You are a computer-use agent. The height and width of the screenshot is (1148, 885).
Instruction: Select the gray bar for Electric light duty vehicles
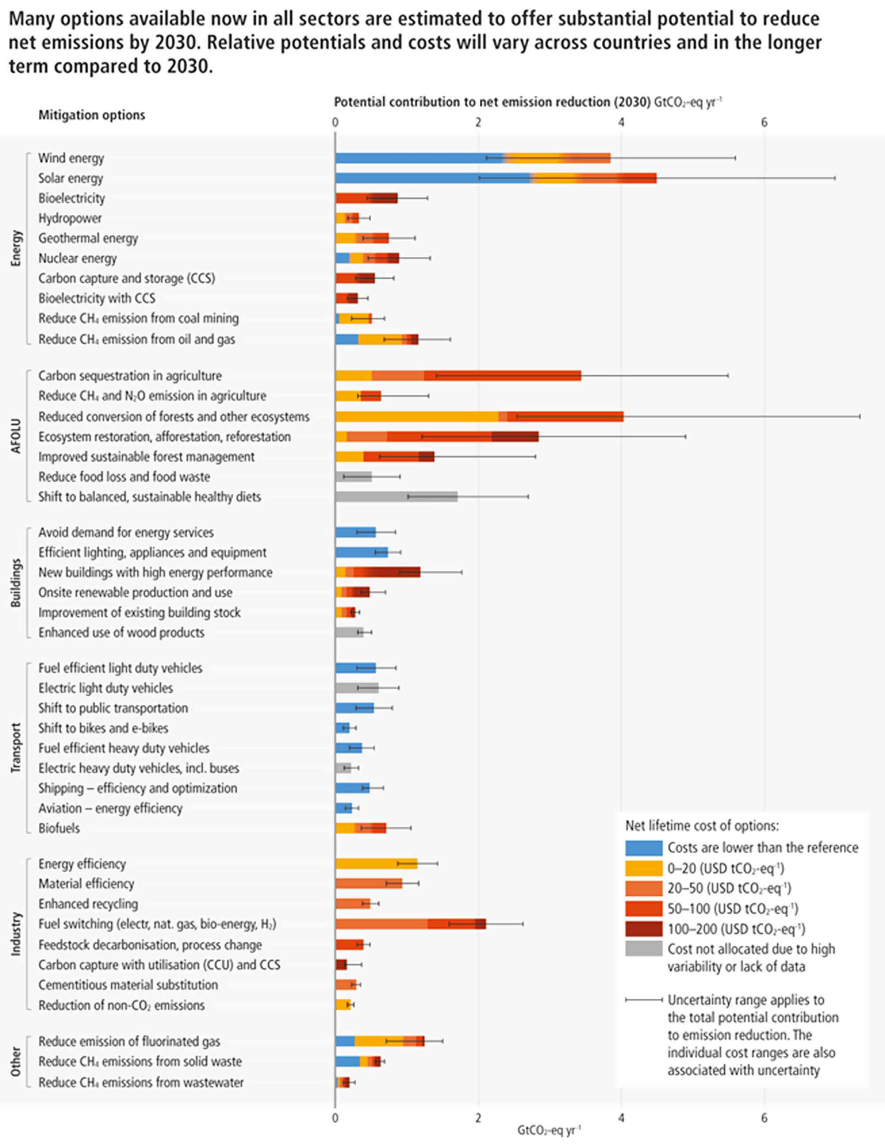click(356, 688)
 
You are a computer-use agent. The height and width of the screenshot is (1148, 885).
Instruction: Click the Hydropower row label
click(70, 218)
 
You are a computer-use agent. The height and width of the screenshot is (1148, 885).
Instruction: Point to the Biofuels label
click(59, 828)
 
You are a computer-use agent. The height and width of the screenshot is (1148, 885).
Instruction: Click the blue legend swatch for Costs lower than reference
click(643, 848)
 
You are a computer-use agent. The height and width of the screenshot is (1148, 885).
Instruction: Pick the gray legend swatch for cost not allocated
click(643, 949)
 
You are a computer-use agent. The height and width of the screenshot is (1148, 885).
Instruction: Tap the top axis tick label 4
click(621, 123)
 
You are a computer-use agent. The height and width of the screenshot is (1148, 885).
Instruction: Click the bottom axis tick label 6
click(764, 1117)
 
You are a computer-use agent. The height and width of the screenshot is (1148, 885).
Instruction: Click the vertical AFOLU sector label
click(16, 436)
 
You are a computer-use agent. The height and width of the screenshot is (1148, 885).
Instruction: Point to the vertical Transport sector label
click(16, 748)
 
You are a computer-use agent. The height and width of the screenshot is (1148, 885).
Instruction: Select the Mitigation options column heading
click(92, 115)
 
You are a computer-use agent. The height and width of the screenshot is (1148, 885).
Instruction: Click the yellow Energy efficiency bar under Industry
click(376, 863)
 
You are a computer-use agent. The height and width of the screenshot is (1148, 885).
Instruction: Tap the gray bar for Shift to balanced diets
click(396, 497)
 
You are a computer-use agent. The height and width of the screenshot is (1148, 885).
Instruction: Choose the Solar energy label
click(70, 178)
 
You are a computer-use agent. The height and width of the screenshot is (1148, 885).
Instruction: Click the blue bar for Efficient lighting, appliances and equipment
click(361, 552)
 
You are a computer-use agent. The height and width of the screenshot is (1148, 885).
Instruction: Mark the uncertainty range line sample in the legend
click(643, 999)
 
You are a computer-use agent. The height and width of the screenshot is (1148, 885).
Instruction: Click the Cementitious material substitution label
click(128, 985)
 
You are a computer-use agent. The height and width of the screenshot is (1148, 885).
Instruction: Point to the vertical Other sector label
click(16, 1061)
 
